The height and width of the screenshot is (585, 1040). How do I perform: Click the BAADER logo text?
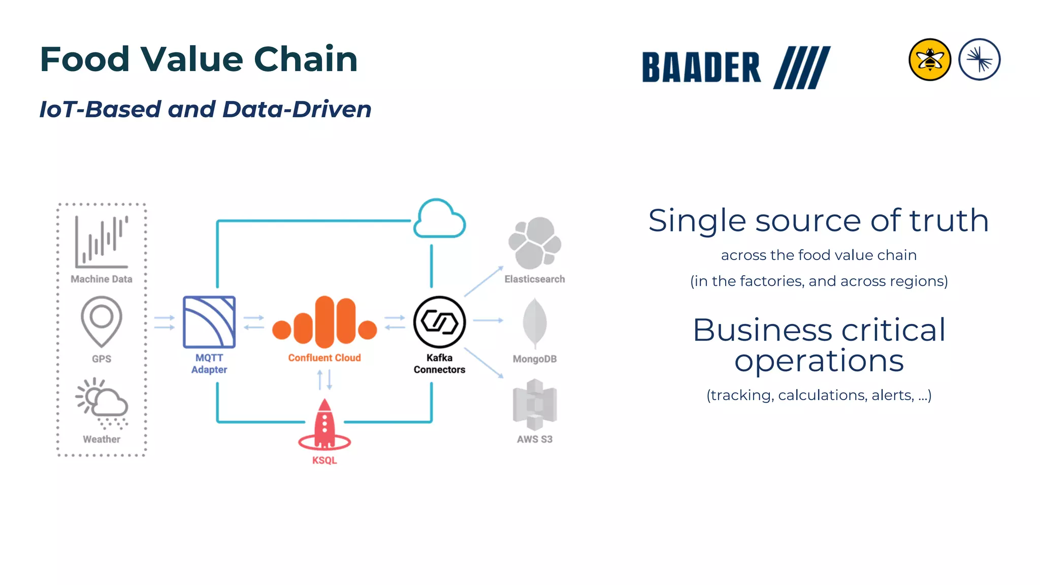(x=701, y=68)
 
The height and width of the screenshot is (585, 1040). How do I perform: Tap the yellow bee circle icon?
(x=929, y=60)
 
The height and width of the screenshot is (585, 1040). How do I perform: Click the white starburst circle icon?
(x=979, y=60)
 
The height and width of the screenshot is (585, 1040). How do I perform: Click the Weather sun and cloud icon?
(x=102, y=403)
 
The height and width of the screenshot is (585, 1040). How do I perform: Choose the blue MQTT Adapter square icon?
(x=209, y=322)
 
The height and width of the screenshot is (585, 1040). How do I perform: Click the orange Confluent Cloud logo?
(x=324, y=323)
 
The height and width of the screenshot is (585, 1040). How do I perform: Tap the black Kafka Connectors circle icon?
(x=439, y=322)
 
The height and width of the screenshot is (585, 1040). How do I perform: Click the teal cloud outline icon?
(x=439, y=219)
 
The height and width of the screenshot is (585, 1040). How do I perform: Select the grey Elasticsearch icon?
(x=535, y=243)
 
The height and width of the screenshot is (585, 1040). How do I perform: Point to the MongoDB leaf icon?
(x=535, y=323)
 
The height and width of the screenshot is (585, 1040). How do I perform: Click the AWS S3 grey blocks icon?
(x=535, y=404)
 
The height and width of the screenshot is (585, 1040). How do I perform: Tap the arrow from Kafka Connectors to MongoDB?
(x=488, y=320)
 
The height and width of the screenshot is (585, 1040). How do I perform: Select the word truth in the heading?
(x=949, y=221)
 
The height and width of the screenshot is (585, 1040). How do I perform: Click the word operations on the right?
(x=819, y=361)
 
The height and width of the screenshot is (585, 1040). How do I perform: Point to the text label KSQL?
(x=324, y=461)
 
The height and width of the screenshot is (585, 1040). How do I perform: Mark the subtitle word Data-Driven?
(x=297, y=109)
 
